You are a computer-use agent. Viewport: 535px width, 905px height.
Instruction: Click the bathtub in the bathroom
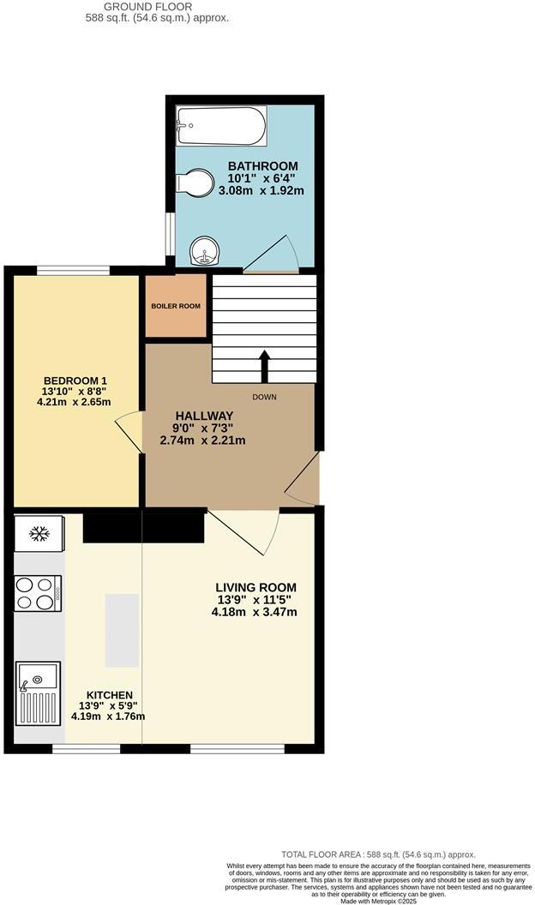tap(220, 127)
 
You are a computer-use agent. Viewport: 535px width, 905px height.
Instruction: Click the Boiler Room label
tap(176, 306)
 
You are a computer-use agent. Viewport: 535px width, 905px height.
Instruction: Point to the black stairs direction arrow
tap(264, 366)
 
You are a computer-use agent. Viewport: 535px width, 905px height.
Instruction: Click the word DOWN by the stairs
tap(264, 397)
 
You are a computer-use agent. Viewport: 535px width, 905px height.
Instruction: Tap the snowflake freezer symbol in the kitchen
tap(39, 534)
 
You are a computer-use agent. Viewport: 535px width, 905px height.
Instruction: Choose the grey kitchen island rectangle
tap(122, 630)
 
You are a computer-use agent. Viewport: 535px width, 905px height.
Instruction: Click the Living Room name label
tap(255, 587)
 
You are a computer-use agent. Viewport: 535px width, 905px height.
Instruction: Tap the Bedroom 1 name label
tap(76, 381)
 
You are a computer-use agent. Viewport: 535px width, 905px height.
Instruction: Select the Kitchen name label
tap(109, 695)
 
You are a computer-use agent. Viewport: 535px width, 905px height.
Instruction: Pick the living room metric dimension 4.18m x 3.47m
tap(255, 612)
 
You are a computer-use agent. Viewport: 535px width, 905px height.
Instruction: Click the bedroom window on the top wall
tap(73, 271)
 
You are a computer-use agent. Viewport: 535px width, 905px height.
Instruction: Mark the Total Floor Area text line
tap(378, 854)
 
